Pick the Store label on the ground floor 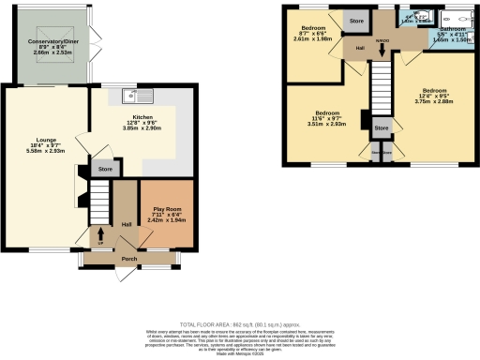(x=106, y=170)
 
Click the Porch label (x=129, y=259)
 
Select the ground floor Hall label (x=125, y=223)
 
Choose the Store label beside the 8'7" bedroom (x=356, y=20)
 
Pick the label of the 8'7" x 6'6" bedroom (x=308, y=27)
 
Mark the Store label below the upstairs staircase (x=381, y=127)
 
